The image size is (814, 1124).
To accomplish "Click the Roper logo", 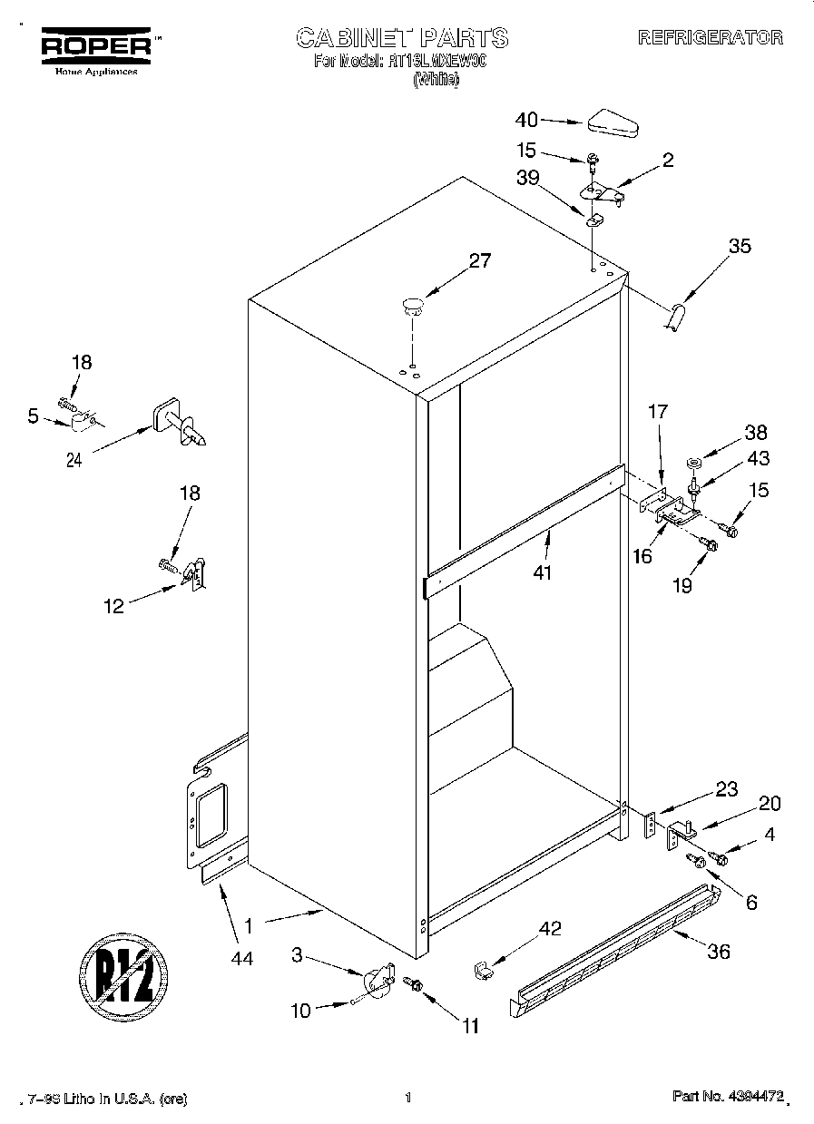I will coord(92,46).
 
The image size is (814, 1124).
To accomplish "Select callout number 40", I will coord(526,120).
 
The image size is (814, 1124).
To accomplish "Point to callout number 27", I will coord(479,261).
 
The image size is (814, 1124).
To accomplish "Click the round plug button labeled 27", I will coord(413,304).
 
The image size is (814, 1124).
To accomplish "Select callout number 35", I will coord(740,245).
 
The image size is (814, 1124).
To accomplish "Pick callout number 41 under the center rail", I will coord(543,572).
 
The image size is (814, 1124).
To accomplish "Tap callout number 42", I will coord(550,928).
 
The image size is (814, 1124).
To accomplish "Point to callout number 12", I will coord(113,607).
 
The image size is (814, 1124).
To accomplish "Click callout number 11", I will coord(470,1026).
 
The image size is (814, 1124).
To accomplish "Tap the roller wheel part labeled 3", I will coord(378,982).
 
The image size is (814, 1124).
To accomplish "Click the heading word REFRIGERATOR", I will coord(710,38).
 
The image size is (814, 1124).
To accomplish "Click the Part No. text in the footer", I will coord(727,1098).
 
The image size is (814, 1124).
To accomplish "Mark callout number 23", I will coord(726,789).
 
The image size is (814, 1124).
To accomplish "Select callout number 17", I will coord(657,412).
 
